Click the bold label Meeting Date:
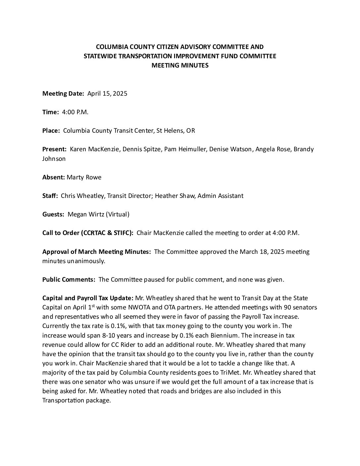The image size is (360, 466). [63, 94]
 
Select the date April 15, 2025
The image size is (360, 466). [107, 94]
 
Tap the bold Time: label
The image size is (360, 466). [51, 112]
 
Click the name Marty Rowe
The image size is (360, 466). [84, 177]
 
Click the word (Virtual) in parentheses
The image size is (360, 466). [118, 214]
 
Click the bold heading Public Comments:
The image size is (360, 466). [69, 280]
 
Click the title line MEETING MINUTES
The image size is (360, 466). [180, 66]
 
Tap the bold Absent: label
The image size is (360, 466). [54, 177]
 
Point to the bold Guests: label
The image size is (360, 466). [53, 214]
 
